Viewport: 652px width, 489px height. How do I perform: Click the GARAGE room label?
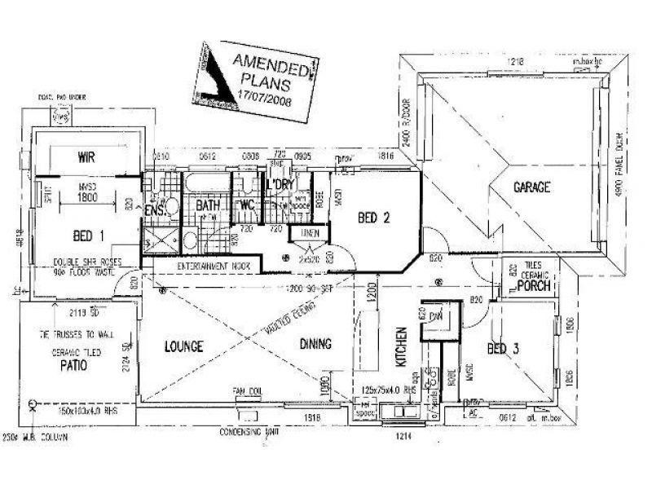tap(531, 187)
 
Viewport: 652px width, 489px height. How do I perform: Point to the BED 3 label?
tap(503, 350)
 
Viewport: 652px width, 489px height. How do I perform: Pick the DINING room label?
tap(315, 345)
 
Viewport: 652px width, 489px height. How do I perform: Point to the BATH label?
tap(209, 206)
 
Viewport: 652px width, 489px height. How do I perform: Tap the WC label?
tap(248, 206)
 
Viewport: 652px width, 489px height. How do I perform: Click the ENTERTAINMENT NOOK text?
tap(201, 266)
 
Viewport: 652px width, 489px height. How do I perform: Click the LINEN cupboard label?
tap(311, 234)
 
